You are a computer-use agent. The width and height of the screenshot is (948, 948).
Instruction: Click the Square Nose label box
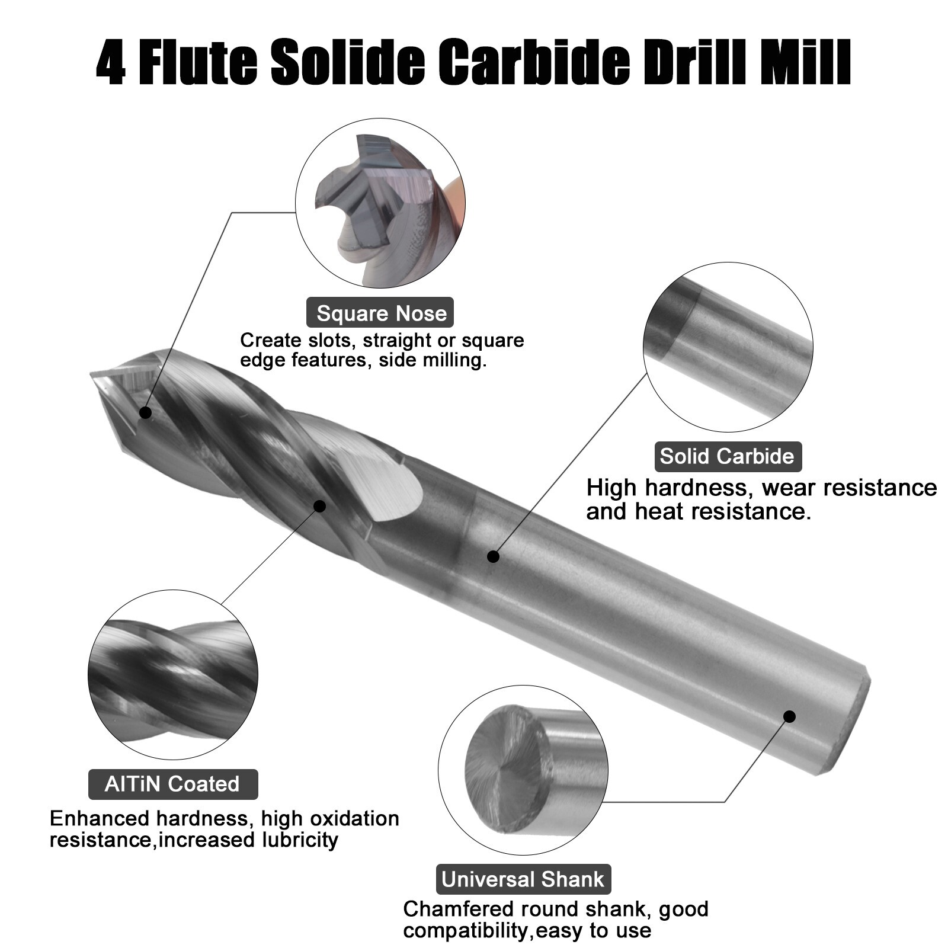pos(380,313)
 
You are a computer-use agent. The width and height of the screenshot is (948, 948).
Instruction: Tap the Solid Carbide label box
pos(727,456)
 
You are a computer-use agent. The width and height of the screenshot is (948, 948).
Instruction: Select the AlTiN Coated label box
pos(172,784)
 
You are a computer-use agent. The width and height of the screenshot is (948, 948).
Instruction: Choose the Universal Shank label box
pos(523,879)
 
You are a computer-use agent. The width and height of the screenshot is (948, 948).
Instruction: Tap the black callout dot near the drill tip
pos(145,412)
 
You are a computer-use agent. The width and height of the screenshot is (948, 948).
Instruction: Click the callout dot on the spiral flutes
pos(319,506)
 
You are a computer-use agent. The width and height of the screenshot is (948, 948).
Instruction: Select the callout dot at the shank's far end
pos(789,716)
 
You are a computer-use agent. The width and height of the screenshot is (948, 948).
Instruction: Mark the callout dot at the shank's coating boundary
pos(493,556)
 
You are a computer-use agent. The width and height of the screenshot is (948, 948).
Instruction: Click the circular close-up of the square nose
pos(380,203)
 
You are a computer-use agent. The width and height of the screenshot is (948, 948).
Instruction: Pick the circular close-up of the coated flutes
pos(172,675)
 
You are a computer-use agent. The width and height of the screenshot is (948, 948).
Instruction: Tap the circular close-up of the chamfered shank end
pos(523,770)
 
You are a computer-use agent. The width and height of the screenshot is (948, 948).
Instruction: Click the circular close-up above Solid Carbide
pos(728,347)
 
